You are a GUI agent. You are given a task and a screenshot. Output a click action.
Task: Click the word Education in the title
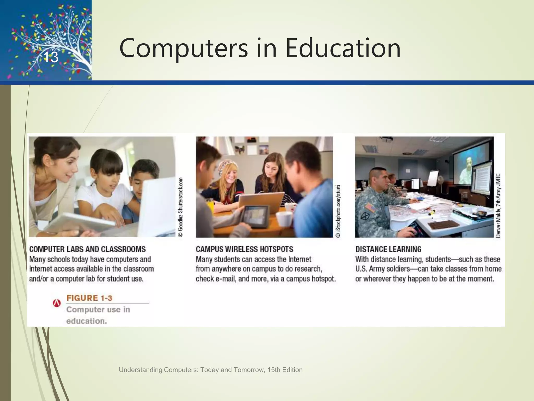(343, 48)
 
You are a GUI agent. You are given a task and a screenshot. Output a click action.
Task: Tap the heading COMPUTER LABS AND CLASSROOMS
(87, 249)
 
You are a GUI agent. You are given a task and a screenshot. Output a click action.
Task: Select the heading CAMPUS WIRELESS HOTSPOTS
(244, 249)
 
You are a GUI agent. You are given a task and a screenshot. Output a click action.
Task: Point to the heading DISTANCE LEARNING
(388, 249)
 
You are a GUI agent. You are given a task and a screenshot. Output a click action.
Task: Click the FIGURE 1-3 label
(89, 298)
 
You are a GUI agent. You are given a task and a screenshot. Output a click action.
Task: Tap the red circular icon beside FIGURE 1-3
(57, 303)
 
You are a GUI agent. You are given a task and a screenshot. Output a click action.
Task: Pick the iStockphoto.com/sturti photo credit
(338, 211)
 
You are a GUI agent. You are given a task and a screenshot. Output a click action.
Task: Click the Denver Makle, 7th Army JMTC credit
(498, 205)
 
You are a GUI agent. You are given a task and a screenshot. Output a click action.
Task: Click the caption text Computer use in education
(98, 315)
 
